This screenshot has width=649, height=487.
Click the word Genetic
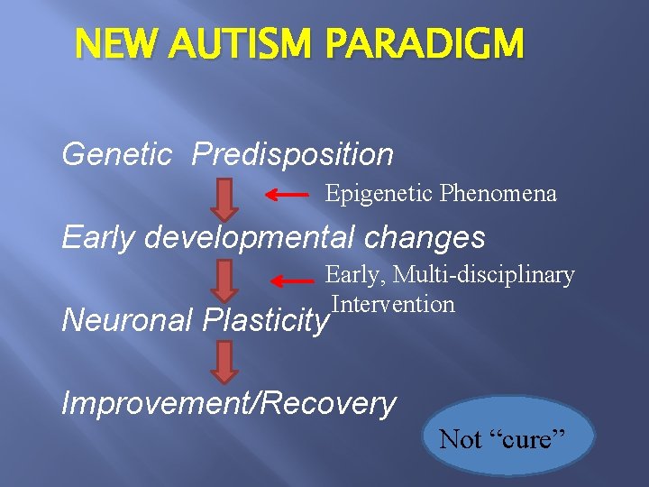(x=116, y=155)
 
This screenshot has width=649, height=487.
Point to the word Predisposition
(x=293, y=155)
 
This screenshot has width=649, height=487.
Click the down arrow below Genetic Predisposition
(x=224, y=198)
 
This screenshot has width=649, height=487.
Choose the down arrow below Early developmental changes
(x=224, y=280)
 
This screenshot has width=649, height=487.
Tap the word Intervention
(x=392, y=304)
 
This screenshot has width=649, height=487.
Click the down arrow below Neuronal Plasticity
(x=224, y=362)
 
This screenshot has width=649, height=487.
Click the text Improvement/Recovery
(x=229, y=404)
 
